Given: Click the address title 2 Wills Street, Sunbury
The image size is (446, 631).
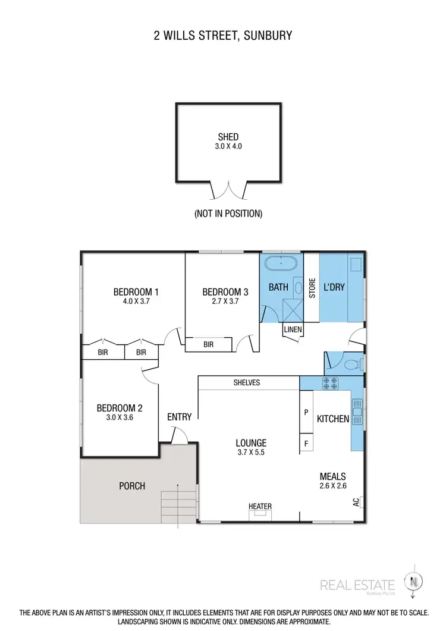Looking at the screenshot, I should [x=222, y=36].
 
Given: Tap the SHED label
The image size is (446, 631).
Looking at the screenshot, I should [x=228, y=137].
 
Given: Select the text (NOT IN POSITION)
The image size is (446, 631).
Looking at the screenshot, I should [x=228, y=213].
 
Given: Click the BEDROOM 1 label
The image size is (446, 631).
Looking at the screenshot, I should [x=136, y=291].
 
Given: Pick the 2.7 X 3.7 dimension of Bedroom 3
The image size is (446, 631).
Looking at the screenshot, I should [x=225, y=302].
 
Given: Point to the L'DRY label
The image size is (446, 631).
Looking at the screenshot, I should [x=334, y=287].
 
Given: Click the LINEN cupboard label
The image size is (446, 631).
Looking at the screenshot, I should [x=293, y=329].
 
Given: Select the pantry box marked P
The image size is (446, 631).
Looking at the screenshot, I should [x=306, y=412].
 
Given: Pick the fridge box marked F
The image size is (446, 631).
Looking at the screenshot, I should [x=306, y=443].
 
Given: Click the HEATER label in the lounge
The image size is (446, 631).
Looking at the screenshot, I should [x=260, y=507].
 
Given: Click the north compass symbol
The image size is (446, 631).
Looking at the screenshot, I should [x=411, y=581].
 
